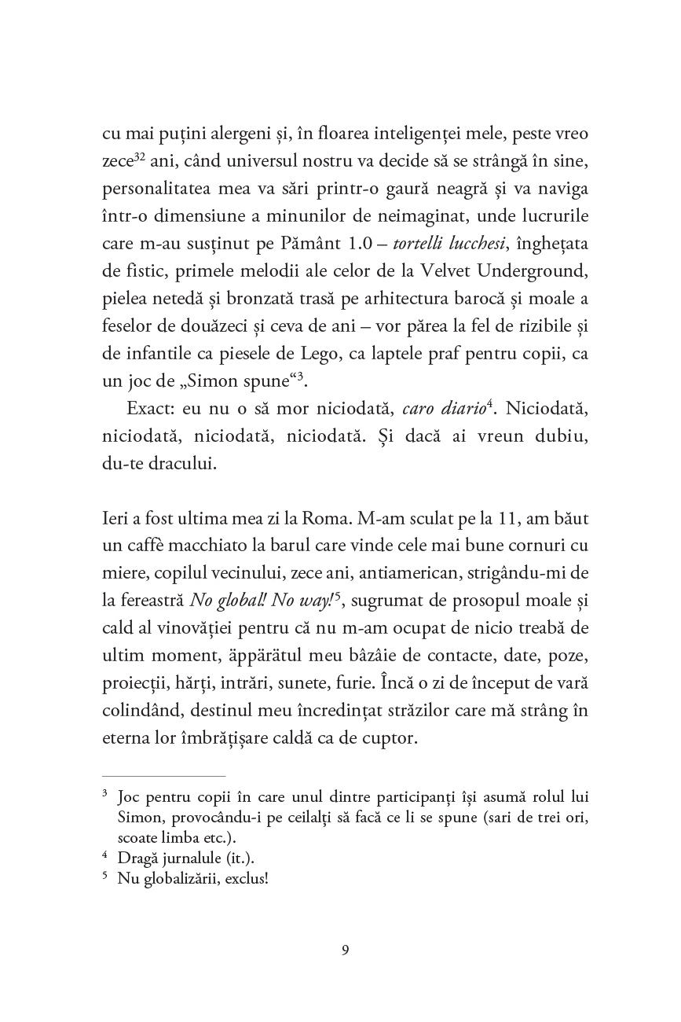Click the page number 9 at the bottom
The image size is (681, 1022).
click(346, 950)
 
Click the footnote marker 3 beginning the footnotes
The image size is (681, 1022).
click(105, 796)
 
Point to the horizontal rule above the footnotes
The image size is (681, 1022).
click(164, 775)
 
